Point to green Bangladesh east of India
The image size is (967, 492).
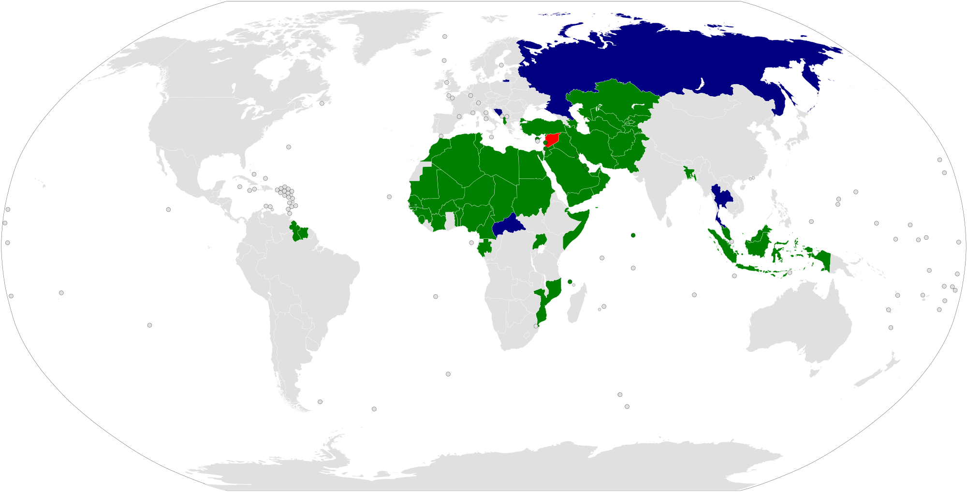(689, 172)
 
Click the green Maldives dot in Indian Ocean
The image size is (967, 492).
(633, 235)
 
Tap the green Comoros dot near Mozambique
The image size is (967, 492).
(570, 282)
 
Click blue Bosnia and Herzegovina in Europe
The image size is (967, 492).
(498, 113)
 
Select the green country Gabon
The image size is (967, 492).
(484, 248)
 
